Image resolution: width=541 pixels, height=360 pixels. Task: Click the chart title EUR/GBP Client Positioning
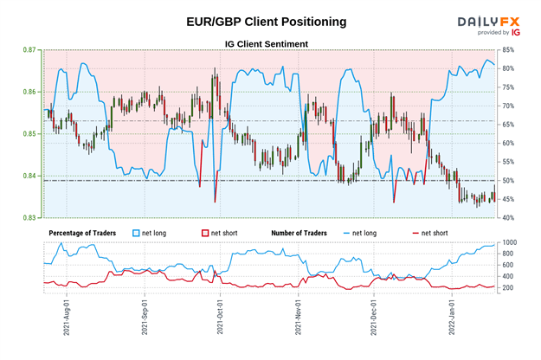[252, 20]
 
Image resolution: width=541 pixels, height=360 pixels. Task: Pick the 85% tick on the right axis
[510, 50]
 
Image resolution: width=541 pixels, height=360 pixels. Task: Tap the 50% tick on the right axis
[510, 180]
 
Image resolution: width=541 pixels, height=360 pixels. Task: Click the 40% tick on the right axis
[510, 217]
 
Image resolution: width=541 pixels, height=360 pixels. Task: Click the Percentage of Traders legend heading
[84, 234]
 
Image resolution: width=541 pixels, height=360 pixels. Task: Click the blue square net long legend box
[136, 234]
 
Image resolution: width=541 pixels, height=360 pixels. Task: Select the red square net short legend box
[205, 234]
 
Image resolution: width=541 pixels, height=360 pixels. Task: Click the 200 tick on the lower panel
[510, 287]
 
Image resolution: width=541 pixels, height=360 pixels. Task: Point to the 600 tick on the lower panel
[510, 265]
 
